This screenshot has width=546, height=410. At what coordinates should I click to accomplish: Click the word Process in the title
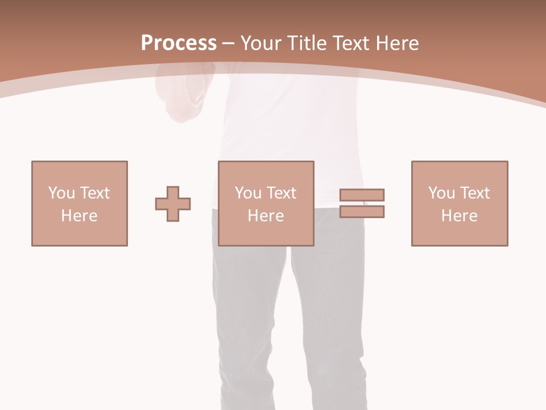179,43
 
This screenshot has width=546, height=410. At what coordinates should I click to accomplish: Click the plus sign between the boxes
173,204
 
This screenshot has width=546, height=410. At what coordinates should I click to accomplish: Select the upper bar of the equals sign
362,195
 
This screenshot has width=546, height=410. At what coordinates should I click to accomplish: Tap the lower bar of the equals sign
362,212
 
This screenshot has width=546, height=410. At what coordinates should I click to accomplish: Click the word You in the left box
61,193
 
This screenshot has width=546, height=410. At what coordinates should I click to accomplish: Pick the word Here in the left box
79,216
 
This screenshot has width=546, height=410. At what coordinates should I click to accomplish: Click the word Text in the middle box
280,193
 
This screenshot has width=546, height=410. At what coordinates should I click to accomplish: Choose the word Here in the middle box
266,216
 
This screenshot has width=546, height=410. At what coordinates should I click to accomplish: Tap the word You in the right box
441,193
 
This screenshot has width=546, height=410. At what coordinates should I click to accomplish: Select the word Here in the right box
459,216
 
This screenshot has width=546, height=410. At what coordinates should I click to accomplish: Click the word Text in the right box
474,193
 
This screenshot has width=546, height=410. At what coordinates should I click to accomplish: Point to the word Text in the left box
94,193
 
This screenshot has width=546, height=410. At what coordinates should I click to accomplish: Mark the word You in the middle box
248,193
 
